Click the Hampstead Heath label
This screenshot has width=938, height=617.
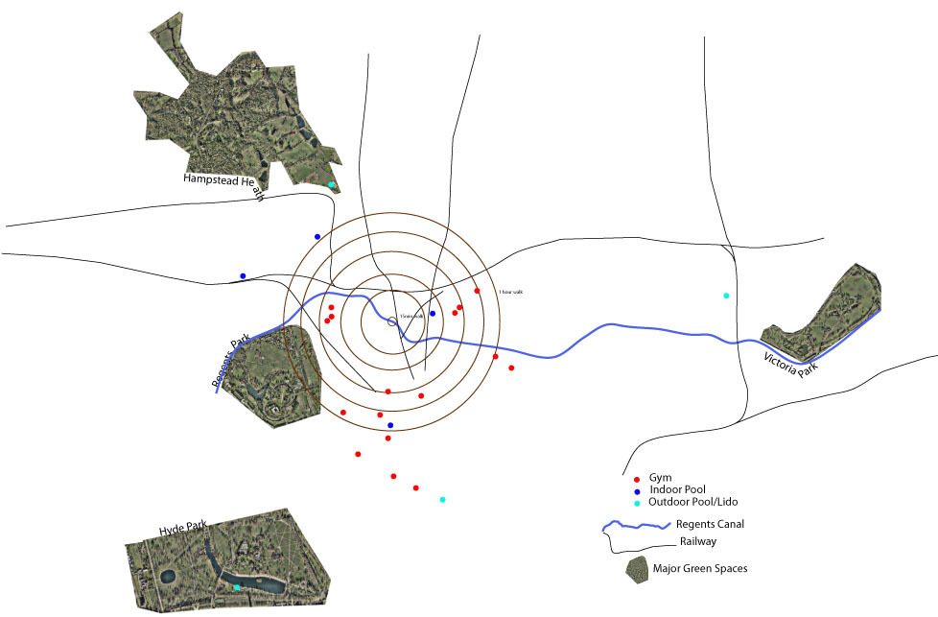[224, 185]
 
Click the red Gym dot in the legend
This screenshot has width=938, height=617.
[637, 478]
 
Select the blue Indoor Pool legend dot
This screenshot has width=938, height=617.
[637, 490]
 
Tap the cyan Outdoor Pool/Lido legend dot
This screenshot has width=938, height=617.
[637, 503]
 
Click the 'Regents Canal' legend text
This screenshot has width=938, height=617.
[709, 524]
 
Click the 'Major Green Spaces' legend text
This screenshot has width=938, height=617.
[700, 569]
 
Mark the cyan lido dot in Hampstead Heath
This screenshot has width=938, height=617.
[331, 184]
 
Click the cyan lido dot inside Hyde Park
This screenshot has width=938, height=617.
[237, 587]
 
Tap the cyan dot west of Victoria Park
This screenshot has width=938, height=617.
[726, 295]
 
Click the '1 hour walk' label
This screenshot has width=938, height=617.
[509, 292]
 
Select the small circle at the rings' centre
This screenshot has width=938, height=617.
[391, 321]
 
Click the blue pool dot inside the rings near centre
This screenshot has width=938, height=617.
[433, 314]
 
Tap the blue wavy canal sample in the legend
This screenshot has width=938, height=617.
[634, 526]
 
